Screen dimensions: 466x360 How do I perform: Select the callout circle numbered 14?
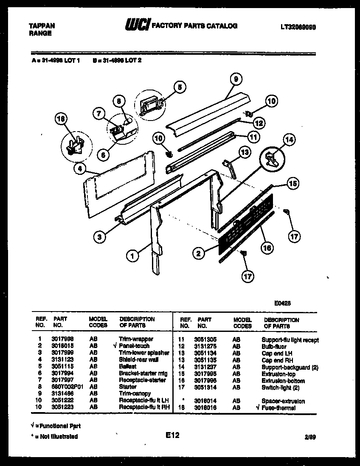[289, 140]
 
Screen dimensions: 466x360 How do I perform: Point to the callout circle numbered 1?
[133, 256]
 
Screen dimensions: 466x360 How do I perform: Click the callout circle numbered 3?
[99, 237]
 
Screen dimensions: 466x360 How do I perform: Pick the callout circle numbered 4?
[79, 169]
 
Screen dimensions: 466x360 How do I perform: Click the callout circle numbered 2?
[198, 254]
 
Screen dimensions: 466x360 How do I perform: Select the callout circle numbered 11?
[253, 137]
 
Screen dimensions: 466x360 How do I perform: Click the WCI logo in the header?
[136, 25]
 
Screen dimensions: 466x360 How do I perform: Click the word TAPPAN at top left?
[42, 26]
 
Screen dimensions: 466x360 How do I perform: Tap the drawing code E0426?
[282, 304]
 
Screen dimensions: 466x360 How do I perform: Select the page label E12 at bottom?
[173, 435]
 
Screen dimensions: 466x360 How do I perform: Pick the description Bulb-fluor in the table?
[274, 346]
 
